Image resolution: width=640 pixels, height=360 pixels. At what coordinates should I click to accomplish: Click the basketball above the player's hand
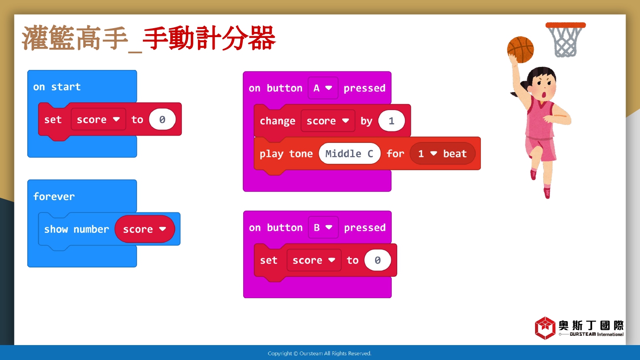pyautogui.click(x=520, y=49)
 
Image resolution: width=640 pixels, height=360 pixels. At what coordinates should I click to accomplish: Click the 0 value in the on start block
pyautogui.click(x=162, y=119)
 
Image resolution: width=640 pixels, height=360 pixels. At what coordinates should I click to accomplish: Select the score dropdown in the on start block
pyautogui.click(x=98, y=119)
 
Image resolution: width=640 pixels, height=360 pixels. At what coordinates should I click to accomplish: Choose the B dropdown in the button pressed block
pyautogui.click(x=323, y=227)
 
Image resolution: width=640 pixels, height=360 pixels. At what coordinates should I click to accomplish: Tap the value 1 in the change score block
pyautogui.click(x=391, y=121)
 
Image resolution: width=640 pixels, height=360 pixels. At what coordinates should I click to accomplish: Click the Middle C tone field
pyautogui.click(x=349, y=154)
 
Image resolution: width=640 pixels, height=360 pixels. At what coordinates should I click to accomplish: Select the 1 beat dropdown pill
pyautogui.click(x=442, y=154)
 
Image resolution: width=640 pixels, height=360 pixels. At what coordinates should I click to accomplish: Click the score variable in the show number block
pyautogui.click(x=145, y=229)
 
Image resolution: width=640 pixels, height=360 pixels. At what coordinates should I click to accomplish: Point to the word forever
pyautogui.click(x=54, y=197)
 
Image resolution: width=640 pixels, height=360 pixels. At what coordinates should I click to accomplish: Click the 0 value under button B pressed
pyautogui.click(x=378, y=260)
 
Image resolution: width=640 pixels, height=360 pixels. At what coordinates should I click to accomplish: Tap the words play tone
pyautogui.click(x=286, y=154)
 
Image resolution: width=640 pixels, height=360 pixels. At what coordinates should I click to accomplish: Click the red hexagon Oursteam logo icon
pyautogui.click(x=545, y=328)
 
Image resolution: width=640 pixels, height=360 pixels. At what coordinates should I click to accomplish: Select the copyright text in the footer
pyautogui.click(x=320, y=354)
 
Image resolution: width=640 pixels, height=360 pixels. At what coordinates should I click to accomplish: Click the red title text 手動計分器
pyautogui.click(x=209, y=38)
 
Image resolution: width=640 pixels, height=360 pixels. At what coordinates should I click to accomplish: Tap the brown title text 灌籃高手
pyautogui.click(x=75, y=38)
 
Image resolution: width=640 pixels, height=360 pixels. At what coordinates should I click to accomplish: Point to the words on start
pyautogui.click(x=57, y=87)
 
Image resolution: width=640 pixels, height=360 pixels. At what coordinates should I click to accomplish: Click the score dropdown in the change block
pyautogui.click(x=328, y=121)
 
